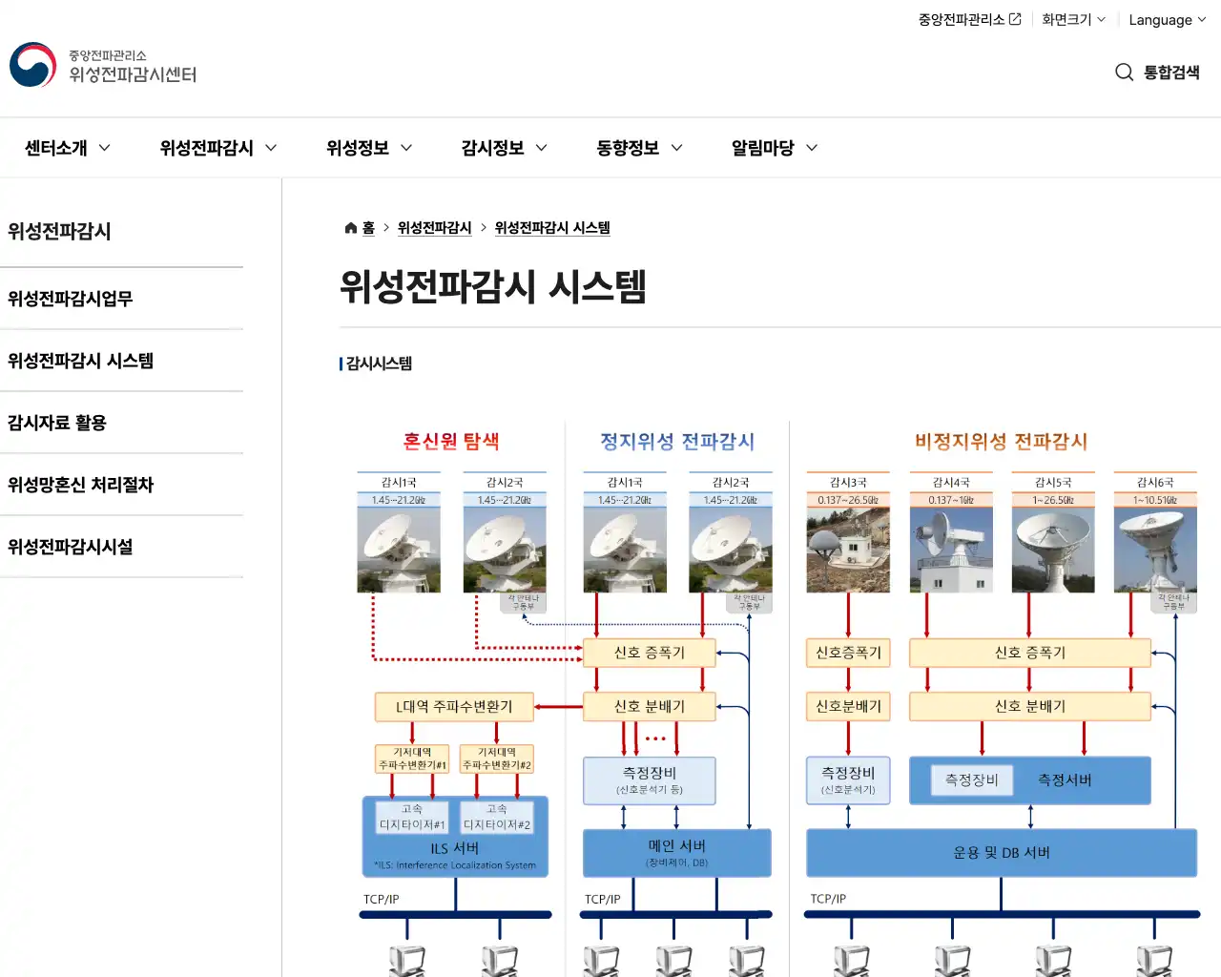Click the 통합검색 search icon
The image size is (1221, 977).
pos(1124,73)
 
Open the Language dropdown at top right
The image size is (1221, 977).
pos(1167,20)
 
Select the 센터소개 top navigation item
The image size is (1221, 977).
pos(67,148)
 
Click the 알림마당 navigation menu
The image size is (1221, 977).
pos(774,148)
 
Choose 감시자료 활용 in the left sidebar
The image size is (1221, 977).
pos(57,423)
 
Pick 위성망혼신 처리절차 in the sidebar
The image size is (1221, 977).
pos(81,485)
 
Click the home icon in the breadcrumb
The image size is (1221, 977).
pos(351,228)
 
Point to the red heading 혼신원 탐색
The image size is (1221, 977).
pos(451,442)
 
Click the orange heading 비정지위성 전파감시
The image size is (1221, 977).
pos(1001,442)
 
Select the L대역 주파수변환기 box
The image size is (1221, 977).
pos(454,707)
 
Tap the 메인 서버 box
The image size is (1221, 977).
pos(676,852)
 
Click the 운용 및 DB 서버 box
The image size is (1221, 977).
pos(1001,852)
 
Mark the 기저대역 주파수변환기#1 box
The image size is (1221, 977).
pos(412,759)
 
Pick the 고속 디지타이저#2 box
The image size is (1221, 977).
pos(496,818)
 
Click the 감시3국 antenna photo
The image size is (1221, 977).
pos(848,551)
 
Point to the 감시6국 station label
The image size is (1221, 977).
pos(1154,483)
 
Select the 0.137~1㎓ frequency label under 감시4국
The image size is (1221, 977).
pos(951,500)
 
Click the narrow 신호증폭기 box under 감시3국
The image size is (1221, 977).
pos(848,653)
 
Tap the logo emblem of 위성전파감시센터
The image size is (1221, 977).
pos(33,65)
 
